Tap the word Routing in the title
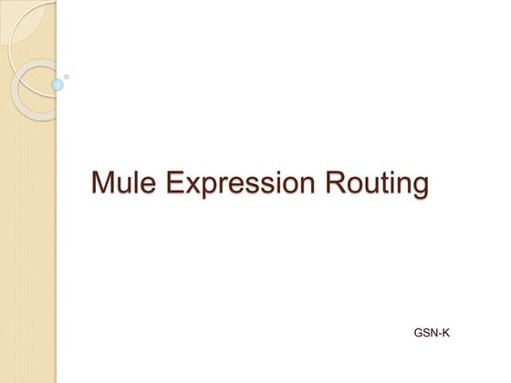point(382,182)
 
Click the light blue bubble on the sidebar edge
point(57,85)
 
